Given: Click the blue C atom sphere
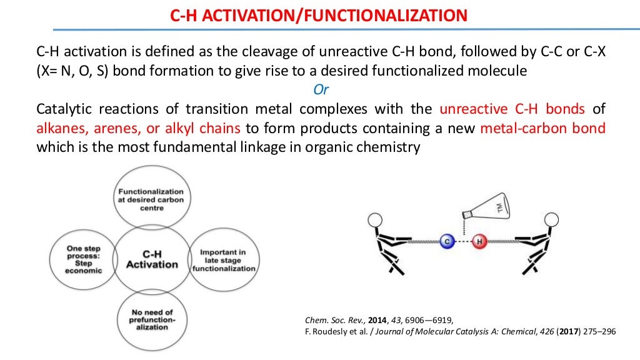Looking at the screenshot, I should point(446,241).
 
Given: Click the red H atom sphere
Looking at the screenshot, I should point(479,241).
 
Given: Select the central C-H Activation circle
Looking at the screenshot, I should point(152,259).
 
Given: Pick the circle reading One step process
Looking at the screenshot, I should point(83,259).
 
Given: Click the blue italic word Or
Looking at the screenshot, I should point(321,90).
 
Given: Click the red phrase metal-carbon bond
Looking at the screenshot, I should point(542,129).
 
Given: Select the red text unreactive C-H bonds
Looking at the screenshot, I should point(512,109).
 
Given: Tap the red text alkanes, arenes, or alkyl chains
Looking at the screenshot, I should point(139,129).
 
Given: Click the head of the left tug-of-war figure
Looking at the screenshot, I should point(376,220).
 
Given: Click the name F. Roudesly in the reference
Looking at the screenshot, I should point(319,332).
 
